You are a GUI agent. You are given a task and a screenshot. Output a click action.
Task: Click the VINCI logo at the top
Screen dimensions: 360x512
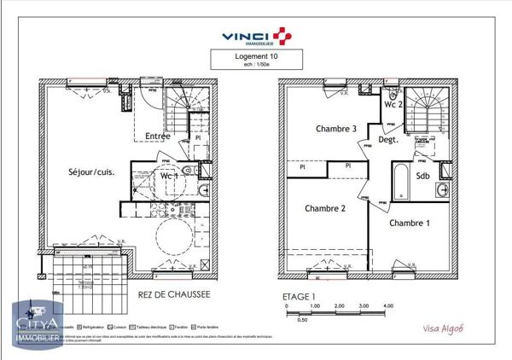[255, 35]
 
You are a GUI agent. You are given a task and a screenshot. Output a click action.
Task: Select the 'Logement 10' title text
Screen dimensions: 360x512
[255, 56]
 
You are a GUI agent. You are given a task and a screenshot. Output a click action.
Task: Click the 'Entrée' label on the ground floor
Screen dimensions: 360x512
[158, 136]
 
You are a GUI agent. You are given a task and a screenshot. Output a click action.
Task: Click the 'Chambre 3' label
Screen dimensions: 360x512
[312, 130]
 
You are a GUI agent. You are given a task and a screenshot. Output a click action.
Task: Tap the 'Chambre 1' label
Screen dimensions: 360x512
[410, 224]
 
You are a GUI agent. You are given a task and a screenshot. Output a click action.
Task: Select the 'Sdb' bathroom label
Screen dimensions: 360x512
[422, 176]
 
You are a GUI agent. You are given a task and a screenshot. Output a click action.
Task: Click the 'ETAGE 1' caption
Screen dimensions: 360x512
[299, 296]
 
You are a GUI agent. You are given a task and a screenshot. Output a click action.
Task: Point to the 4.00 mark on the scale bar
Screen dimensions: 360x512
[388, 305]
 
